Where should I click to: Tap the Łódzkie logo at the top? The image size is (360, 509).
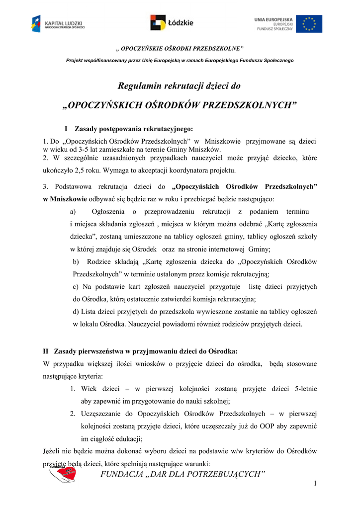point(172,23)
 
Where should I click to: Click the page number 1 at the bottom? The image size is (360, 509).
point(315,484)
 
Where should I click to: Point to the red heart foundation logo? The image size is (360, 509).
point(63,474)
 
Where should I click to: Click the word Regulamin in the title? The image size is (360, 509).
point(138,86)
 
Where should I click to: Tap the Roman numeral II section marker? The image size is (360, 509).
point(46,351)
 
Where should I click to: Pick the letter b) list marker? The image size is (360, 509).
point(76,261)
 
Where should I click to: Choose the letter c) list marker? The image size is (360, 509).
point(76,286)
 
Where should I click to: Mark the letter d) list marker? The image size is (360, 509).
point(76,311)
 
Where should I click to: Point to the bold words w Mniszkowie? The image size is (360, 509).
point(65,199)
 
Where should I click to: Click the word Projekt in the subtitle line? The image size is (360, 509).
point(75,60)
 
